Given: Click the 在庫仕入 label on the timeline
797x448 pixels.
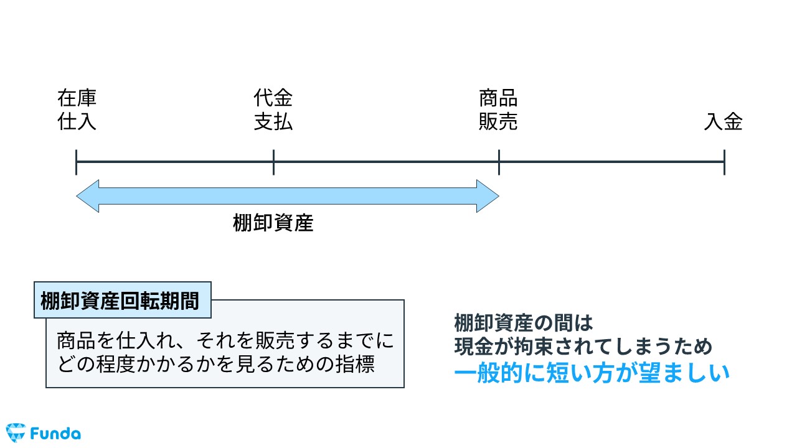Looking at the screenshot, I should [77, 110].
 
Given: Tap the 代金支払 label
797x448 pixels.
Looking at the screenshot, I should [273, 110].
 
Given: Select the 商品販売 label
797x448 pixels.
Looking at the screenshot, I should [498, 110].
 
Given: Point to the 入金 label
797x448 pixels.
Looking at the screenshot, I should [724, 121].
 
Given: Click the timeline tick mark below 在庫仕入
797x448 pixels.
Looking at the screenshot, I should [76, 162].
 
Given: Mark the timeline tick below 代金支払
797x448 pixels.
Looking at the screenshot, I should [273, 162].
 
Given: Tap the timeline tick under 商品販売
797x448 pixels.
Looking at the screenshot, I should [499, 162].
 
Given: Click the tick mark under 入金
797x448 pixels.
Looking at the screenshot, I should [724, 162].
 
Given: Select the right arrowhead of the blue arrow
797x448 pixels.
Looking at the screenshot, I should [488, 196].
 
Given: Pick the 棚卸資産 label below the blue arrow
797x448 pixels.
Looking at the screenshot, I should [273, 223].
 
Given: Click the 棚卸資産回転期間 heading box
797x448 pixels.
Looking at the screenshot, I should [122, 301].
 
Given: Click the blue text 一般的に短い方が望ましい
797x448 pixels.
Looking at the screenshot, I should [592, 373].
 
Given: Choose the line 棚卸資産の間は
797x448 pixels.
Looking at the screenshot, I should [524, 324].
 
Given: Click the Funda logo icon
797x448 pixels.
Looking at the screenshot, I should [15, 432].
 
